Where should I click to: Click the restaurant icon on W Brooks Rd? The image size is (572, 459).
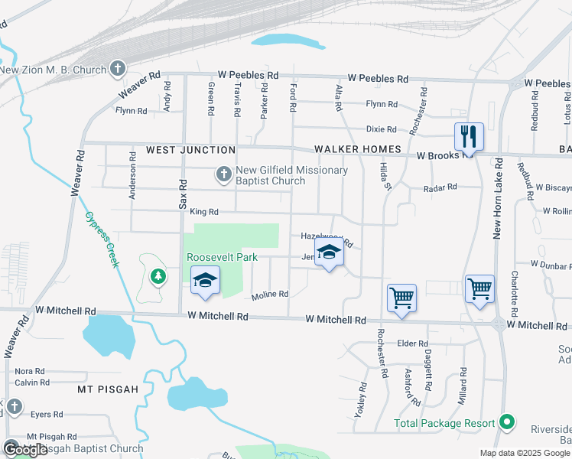click(x=469, y=137)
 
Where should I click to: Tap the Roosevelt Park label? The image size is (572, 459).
click(x=222, y=258)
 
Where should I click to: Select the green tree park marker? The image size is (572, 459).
click(x=158, y=275)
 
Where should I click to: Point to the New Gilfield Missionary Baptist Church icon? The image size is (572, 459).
click(x=223, y=175)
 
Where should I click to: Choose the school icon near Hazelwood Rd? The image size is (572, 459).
click(x=329, y=253)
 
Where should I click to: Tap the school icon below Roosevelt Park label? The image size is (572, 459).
click(x=205, y=282)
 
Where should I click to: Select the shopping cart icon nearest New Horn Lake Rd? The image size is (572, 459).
click(x=479, y=290)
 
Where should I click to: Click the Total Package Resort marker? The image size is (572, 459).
click(x=505, y=422)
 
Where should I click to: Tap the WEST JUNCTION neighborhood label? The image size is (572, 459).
click(x=190, y=150)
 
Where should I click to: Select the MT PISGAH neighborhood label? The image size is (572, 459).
click(x=108, y=389)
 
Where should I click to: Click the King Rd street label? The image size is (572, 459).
click(x=204, y=212)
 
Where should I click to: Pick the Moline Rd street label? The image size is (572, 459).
click(x=270, y=294)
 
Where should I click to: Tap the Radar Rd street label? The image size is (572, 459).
click(x=441, y=187)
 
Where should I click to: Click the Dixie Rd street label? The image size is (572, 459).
click(x=381, y=130)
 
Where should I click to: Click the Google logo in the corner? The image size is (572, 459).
click(x=25, y=450)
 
